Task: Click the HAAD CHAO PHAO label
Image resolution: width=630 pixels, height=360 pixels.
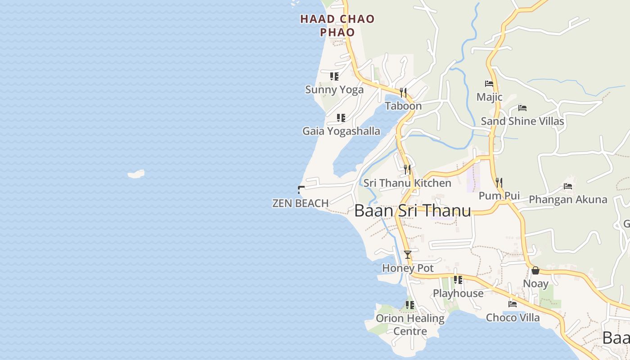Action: tap(337, 25)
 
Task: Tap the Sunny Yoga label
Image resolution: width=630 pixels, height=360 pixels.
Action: tap(334, 90)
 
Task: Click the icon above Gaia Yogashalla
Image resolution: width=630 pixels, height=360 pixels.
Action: tap(341, 118)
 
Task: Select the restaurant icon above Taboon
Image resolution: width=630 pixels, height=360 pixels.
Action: tap(403, 93)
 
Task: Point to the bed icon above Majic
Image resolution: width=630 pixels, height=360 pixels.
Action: tap(489, 84)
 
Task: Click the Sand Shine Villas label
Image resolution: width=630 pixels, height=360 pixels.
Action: tap(522, 121)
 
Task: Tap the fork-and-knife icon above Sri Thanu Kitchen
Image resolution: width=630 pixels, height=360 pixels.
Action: tap(407, 170)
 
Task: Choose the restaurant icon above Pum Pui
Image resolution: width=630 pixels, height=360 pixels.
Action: tap(499, 183)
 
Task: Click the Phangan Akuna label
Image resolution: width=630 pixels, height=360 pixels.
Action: tap(568, 199)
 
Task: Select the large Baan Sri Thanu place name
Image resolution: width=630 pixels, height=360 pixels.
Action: tap(413, 211)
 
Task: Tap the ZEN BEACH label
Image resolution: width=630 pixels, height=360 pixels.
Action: tap(300, 203)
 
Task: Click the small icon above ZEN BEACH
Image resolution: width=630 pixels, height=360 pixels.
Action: tap(301, 190)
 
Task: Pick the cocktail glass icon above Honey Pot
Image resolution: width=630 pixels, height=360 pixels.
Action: tap(408, 255)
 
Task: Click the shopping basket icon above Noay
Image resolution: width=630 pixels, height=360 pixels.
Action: tap(535, 270)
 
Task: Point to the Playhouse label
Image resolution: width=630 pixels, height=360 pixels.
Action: tap(458, 293)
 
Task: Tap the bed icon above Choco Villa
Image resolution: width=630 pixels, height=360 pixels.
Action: tap(513, 304)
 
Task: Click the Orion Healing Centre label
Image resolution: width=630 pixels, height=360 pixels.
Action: tap(410, 324)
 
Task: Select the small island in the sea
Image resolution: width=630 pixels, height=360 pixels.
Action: tap(136, 174)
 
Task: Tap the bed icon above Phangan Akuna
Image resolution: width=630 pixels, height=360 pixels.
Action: tap(568, 186)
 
